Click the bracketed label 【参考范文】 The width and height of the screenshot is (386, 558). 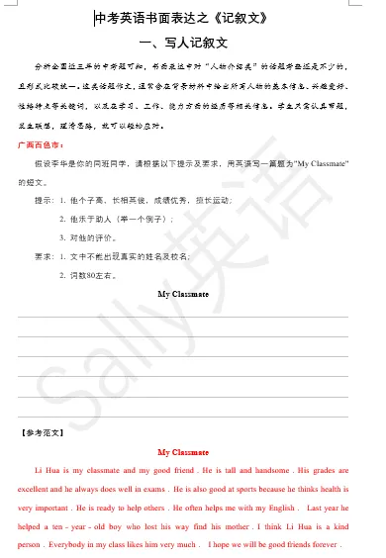coord(42,432)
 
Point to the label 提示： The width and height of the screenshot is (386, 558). coord(46,200)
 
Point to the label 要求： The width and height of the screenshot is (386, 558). coord(46,256)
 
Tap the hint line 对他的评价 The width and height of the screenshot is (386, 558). coord(99,237)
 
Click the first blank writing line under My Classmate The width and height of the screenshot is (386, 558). coord(183,316)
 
